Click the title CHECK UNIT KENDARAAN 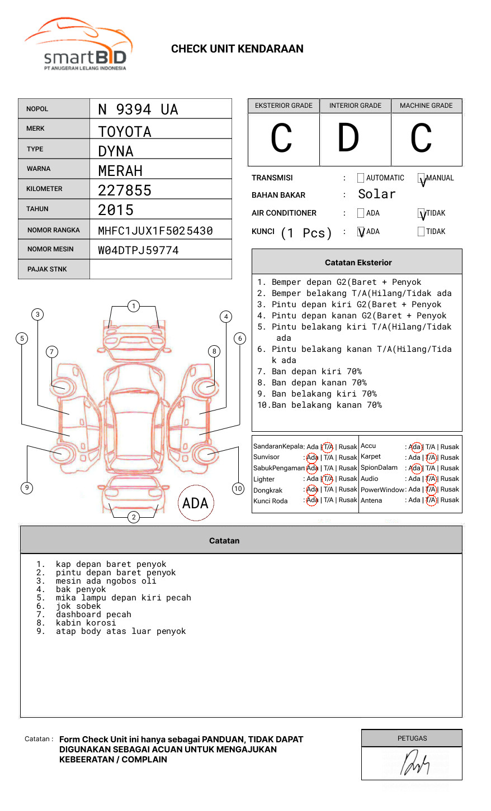[237, 49]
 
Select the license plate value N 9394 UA [138, 109]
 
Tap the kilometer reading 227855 [125, 190]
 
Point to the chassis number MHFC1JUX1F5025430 [155, 231]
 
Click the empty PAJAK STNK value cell [160, 269]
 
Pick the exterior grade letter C [282, 139]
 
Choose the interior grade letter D [348, 138]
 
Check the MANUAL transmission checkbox [422, 179]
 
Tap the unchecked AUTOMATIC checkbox [361, 178]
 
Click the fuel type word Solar [376, 194]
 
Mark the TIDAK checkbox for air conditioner [422, 213]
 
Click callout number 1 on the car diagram [133, 306]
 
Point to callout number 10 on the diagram [238, 489]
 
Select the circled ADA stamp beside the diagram [196, 503]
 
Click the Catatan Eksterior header [358, 263]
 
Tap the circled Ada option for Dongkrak [312, 489]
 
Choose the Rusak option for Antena [450, 500]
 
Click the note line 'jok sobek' [78, 606]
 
